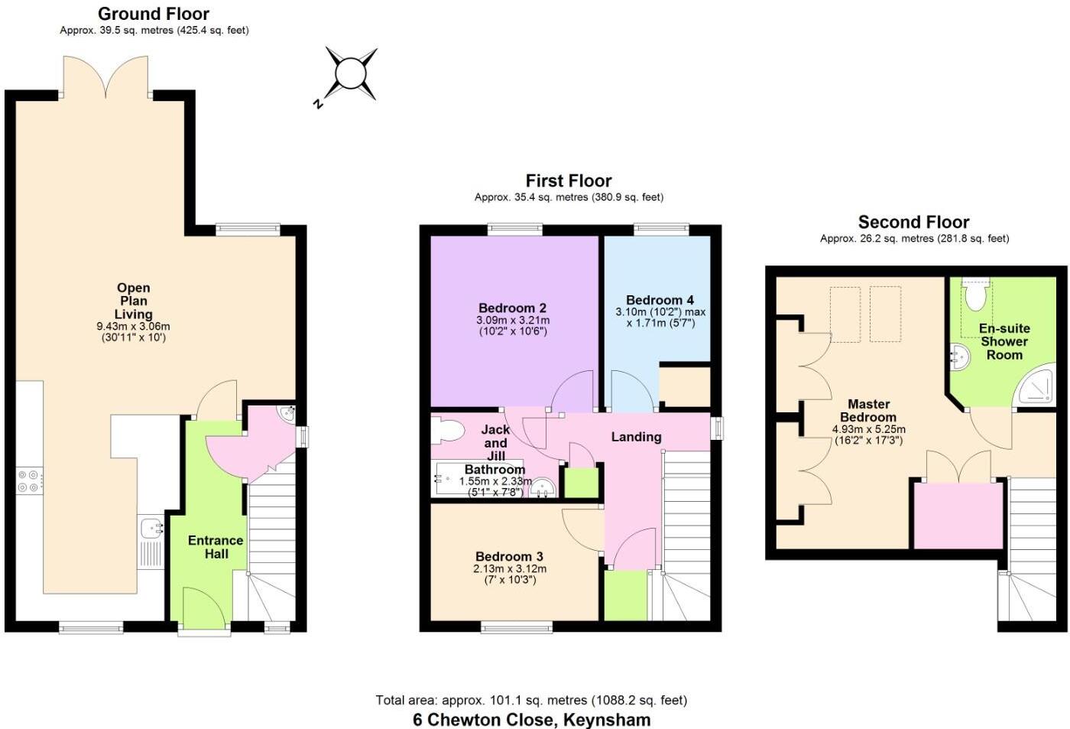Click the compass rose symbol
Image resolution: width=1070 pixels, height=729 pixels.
[x=351, y=74]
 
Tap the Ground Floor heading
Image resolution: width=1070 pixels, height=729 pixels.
[x=154, y=14]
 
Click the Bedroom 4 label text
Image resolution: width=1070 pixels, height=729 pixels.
[x=660, y=301]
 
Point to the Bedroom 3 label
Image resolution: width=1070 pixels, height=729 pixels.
[x=509, y=557]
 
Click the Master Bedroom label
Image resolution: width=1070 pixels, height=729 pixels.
[x=868, y=411]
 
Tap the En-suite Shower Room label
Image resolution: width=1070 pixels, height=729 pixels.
[x=1004, y=341]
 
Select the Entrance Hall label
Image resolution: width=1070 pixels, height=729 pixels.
[x=216, y=547]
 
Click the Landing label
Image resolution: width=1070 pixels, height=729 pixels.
[x=636, y=437]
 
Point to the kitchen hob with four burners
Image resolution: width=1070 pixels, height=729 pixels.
[x=29, y=481]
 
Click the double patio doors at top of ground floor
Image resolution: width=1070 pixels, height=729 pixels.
[x=105, y=76]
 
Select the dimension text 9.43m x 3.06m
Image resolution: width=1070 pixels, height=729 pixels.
[x=133, y=327]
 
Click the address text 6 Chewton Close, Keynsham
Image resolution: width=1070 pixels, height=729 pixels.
[x=531, y=720]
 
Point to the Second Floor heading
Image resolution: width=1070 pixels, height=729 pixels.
[x=913, y=223]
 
